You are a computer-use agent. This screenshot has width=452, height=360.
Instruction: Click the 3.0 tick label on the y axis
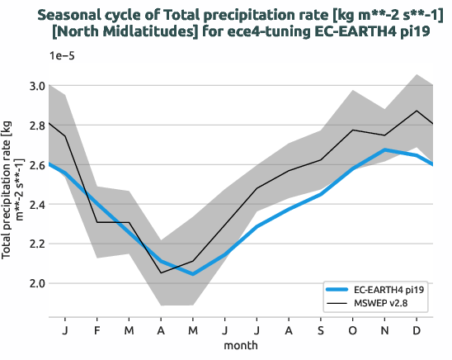[x=36, y=86]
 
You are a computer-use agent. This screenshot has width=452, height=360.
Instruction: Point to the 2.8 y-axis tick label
[x=36, y=126]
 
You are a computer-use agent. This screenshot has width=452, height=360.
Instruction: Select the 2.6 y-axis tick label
[x=36, y=165]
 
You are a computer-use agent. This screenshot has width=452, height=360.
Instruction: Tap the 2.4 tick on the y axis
[x=36, y=205]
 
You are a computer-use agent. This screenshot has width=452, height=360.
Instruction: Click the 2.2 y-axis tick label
[x=36, y=244]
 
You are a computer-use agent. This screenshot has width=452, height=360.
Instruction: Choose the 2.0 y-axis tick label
[x=36, y=283]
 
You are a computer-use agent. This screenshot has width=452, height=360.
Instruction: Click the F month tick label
[x=97, y=330]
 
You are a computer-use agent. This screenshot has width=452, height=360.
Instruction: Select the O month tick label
[x=353, y=330]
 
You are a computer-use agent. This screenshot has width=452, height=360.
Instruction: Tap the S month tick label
[x=321, y=330]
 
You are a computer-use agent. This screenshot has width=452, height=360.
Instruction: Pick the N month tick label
[x=385, y=330]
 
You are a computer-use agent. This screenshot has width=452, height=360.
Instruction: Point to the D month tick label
[x=417, y=330]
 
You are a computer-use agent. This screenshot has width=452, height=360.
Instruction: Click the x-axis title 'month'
[x=242, y=345]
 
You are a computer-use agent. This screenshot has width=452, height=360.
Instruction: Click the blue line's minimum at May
[x=193, y=273]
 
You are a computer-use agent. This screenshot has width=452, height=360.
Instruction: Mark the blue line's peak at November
[x=385, y=150]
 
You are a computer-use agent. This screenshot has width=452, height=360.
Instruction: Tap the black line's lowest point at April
[x=161, y=272]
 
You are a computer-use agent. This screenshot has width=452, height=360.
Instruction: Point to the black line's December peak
[x=417, y=111]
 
